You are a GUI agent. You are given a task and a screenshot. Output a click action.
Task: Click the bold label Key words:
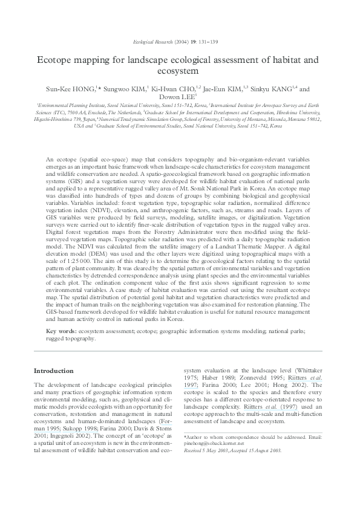point(63,331)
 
